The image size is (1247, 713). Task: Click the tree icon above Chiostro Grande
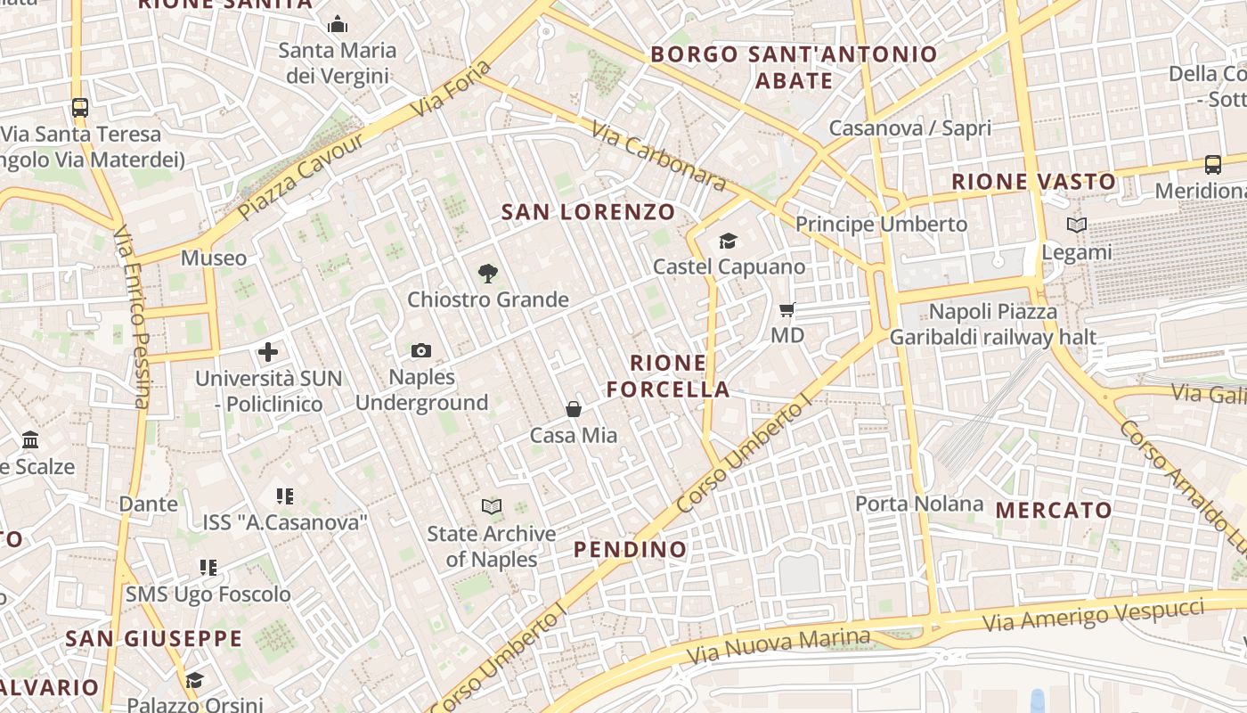tap(487, 274)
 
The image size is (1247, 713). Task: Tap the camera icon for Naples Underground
tap(421, 351)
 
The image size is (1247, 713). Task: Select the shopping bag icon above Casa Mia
tap(574, 409)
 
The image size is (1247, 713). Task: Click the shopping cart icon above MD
tap(787, 310)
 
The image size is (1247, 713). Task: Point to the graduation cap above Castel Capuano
tap(728, 241)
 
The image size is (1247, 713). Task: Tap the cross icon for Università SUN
tap(268, 352)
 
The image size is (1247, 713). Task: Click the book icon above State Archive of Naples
tap(491, 507)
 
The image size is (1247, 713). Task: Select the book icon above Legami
tap(1077, 225)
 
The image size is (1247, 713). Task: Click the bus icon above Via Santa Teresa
tap(80, 108)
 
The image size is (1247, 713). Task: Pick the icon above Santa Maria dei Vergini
tap(338, 24)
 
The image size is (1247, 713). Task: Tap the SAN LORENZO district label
tap(588, 212)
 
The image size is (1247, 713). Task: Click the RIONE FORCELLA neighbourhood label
tap(681, 376)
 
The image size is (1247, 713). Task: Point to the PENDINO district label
tap(630, 549)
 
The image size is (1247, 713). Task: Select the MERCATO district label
tap(1054, 510)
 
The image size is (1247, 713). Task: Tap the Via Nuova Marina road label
tap(778, 647)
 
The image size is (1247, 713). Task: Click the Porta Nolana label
tap(919, 504)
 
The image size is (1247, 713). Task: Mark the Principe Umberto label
tap(881, 224)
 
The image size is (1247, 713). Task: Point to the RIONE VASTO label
tap(1033, 182)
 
